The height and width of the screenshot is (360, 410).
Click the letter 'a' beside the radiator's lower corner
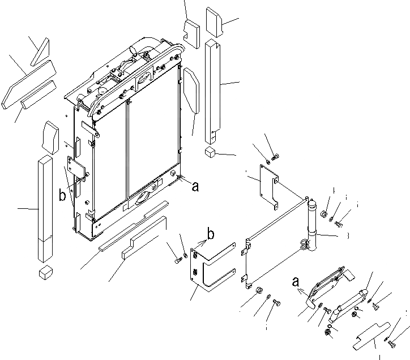pyautogui.click(x=195, y=186)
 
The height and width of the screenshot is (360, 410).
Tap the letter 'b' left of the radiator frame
pyautogui.click(x=62, y=196)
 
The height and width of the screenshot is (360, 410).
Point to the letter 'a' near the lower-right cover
pyautogui.click(x=294, y=281)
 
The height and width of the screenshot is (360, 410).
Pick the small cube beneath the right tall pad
pyautogui.click(x=211, y=152)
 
